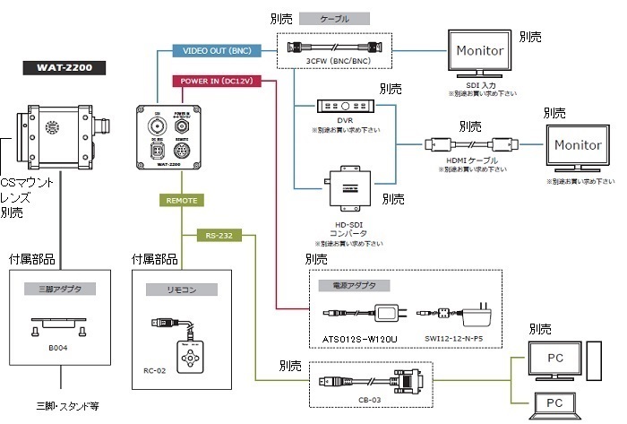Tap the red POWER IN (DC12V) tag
pyautogui.click(x=212, y=80)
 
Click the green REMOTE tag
pyautogui.click(x=181, y=201)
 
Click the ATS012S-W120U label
pyautogui.click(x=356, y=339)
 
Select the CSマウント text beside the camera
pyautogui.click(x=23, y=182)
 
